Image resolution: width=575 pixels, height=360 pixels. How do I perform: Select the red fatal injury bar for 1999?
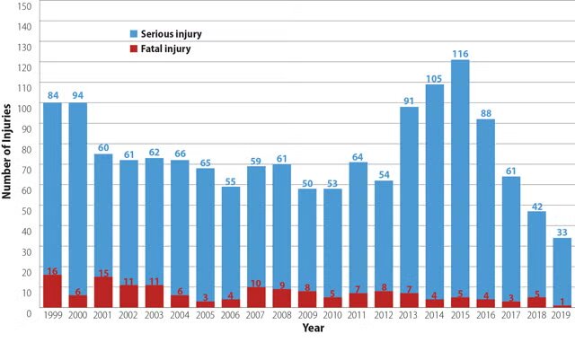(52, 292)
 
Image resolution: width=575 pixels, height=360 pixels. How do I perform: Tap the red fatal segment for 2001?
(103, 293)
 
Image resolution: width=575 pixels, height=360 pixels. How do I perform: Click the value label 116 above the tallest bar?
(460, 54)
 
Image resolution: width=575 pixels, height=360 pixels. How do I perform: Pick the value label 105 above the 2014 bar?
(435, 78)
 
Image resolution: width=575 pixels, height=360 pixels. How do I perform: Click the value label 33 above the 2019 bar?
(562, 232)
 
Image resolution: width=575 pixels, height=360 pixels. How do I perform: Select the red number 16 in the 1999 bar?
(52, 270)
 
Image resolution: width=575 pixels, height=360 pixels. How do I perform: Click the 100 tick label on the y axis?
(24, 108)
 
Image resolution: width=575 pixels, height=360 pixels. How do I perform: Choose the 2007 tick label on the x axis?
(256, 315)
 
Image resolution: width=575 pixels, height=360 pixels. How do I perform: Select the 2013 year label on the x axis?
(409, 315)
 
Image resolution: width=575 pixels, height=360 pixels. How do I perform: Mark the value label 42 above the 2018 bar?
(536, 206)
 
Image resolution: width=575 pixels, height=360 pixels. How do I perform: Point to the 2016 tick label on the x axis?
(485, 315)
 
